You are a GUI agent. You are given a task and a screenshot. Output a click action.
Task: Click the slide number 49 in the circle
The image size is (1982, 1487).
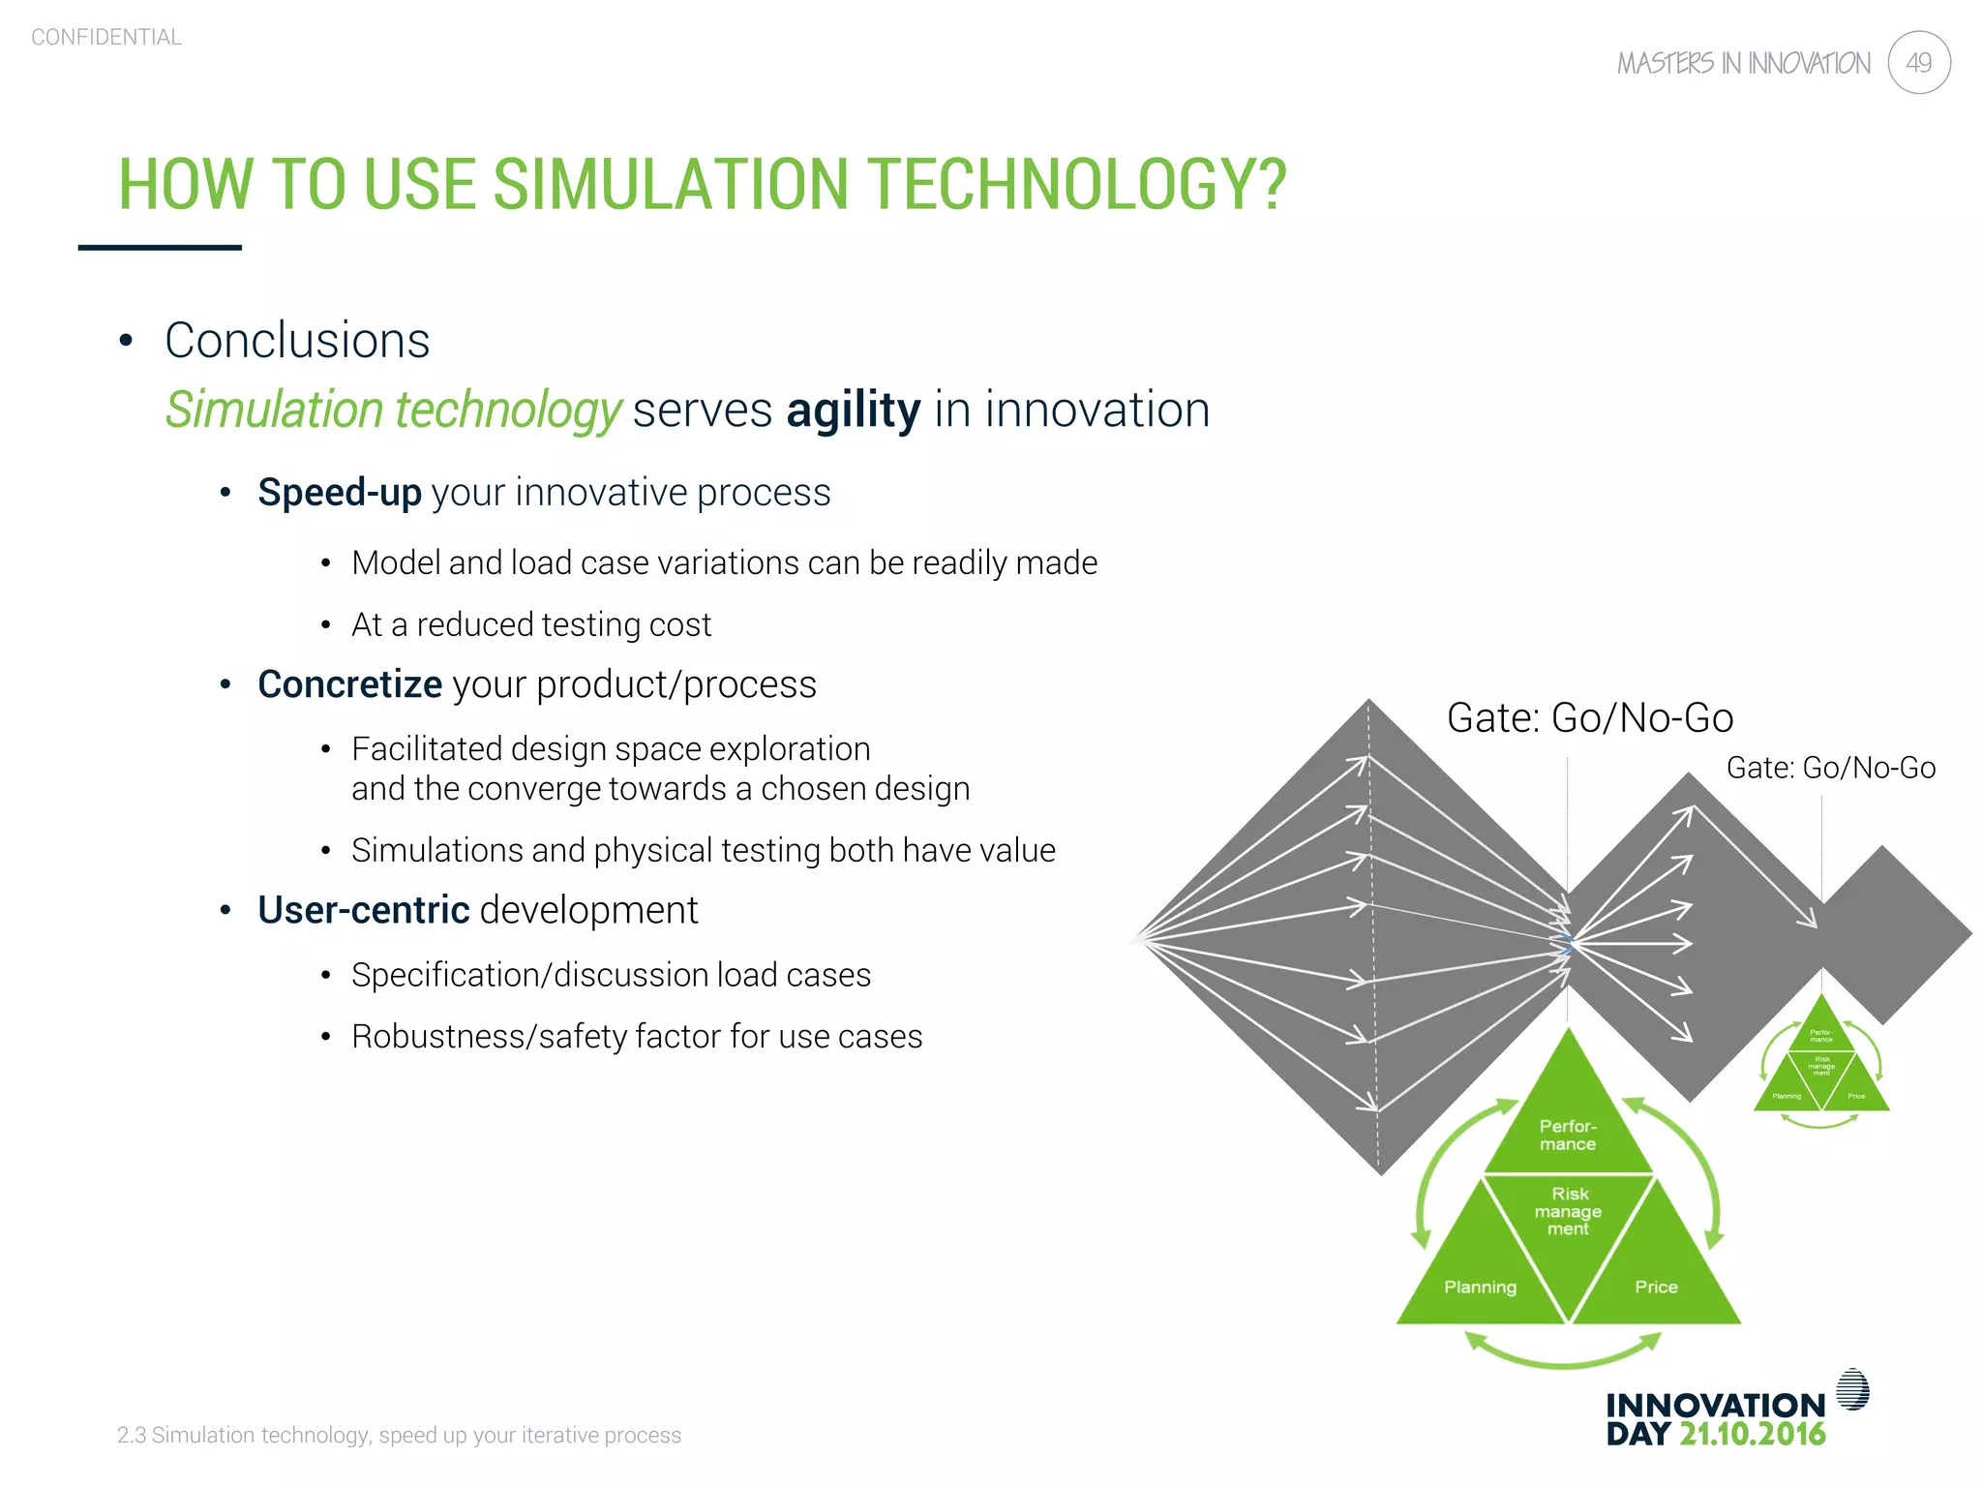1918,63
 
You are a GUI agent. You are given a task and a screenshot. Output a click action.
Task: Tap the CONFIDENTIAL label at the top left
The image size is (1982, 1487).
106,37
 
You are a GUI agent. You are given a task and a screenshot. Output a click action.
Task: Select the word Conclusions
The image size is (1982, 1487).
297,341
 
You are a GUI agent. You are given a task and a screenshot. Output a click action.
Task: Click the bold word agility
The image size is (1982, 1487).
853,410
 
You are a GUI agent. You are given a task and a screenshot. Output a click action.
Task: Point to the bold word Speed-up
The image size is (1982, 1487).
340,492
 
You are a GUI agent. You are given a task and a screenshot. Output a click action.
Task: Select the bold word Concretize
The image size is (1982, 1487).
349,684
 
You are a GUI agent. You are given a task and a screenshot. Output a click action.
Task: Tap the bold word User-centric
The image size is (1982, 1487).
363,910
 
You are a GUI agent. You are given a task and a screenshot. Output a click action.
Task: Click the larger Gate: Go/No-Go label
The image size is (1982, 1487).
1589,718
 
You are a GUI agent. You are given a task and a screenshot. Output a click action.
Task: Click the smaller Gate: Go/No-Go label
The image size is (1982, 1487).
1830,768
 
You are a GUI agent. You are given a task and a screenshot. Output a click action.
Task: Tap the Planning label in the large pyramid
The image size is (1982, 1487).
1480,1287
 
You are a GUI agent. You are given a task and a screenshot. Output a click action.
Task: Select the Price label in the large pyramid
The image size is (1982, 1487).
1656,1287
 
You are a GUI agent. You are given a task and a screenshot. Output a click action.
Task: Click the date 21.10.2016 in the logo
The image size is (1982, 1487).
1752,1434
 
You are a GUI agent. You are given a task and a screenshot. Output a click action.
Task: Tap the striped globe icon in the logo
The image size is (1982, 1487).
1852,1390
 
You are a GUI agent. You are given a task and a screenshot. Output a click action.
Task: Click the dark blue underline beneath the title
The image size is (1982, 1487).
160,248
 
